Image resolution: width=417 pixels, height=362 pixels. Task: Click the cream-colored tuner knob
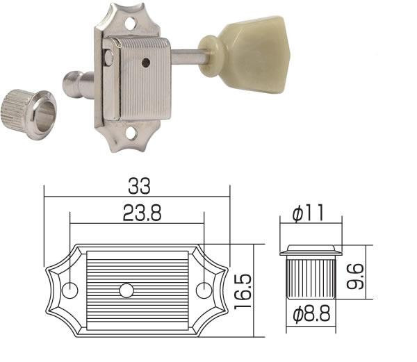pyautogui.click(x=254, y=47)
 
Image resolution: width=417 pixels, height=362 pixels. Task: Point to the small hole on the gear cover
pyautogui.click(x=145, y=63)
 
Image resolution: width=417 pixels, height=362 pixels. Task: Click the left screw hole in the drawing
pyautogui.click(x=71, y=288)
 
